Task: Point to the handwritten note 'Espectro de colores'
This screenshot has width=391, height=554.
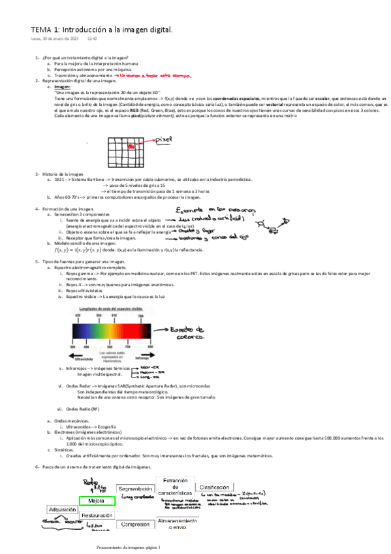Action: (192, 334)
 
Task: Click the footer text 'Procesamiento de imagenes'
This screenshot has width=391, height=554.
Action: (128, 546)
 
